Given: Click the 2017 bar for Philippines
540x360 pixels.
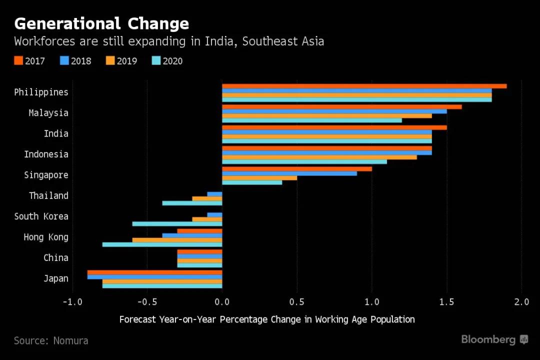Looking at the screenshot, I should [x=364, y=86].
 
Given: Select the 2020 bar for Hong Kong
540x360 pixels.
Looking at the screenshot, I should [x=162, y=244].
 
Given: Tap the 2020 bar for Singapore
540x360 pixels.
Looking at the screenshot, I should [x=252, y=182].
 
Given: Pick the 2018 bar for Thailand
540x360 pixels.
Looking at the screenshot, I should [x=214, y=194].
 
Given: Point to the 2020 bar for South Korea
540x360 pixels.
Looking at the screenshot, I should [x=177, y=224].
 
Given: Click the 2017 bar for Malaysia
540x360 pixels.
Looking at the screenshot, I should [x=341, y=106].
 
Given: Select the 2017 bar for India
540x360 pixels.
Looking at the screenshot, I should [x=334, y=127].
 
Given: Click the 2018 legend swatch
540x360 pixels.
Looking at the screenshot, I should [x=64, y=61].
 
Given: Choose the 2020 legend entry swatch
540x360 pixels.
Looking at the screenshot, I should [x=156, y=61].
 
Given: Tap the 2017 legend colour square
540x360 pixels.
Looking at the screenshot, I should [x=18, y=61].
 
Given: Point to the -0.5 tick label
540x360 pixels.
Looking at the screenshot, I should [x=147, y=302].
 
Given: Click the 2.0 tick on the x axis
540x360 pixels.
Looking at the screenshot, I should [x=521, y=302].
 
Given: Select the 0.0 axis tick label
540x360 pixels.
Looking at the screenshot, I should [x=222, y=302].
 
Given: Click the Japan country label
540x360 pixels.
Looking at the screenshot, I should [x=56, y=278].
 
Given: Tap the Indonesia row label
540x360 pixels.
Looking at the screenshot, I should [x=46, y=154].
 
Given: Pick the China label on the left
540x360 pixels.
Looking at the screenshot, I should [x=56, y=258].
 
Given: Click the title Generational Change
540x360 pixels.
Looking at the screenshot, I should [x=101, y=23].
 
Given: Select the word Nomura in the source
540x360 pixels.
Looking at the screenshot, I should [x=70, y=340].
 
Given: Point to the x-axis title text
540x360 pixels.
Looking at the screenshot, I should [x=267, y=319].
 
